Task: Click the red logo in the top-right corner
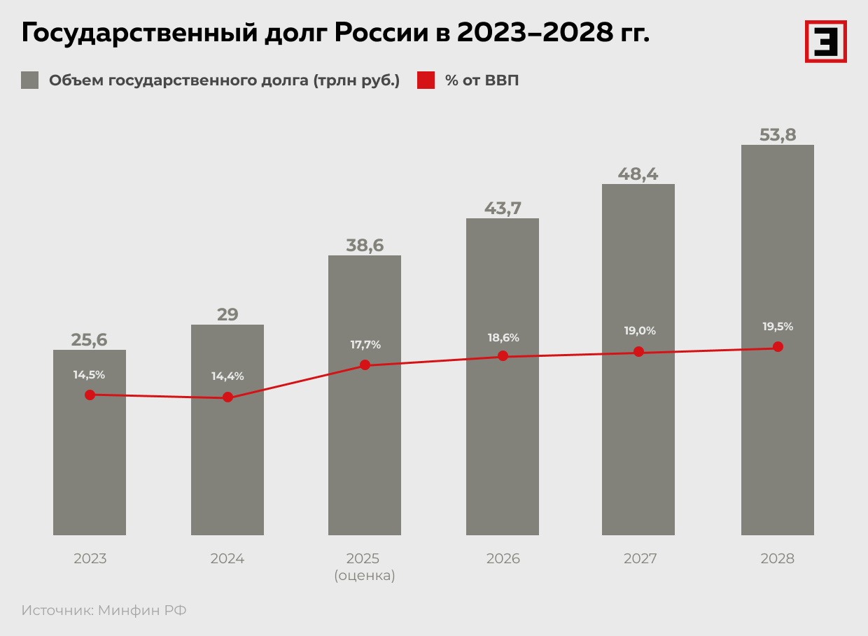coord(825,41)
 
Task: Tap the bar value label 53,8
coord(778,134)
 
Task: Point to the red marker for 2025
coord(365,365)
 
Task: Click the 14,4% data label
coord(227,376)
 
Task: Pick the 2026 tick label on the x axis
coord(503,559)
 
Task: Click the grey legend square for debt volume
coord(30,80)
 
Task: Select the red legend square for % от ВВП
coord(426,80)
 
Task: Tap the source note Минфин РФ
coord(142,610)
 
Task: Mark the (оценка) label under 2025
coord(365,576)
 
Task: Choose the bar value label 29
coord(227,314)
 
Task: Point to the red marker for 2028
coord(777,346)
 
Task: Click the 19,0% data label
coord(640,331)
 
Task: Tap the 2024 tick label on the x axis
coord(227,559)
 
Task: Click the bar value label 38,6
coord(365,245)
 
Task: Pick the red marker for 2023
coord(90,395)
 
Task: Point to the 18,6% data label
coord(503,338)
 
